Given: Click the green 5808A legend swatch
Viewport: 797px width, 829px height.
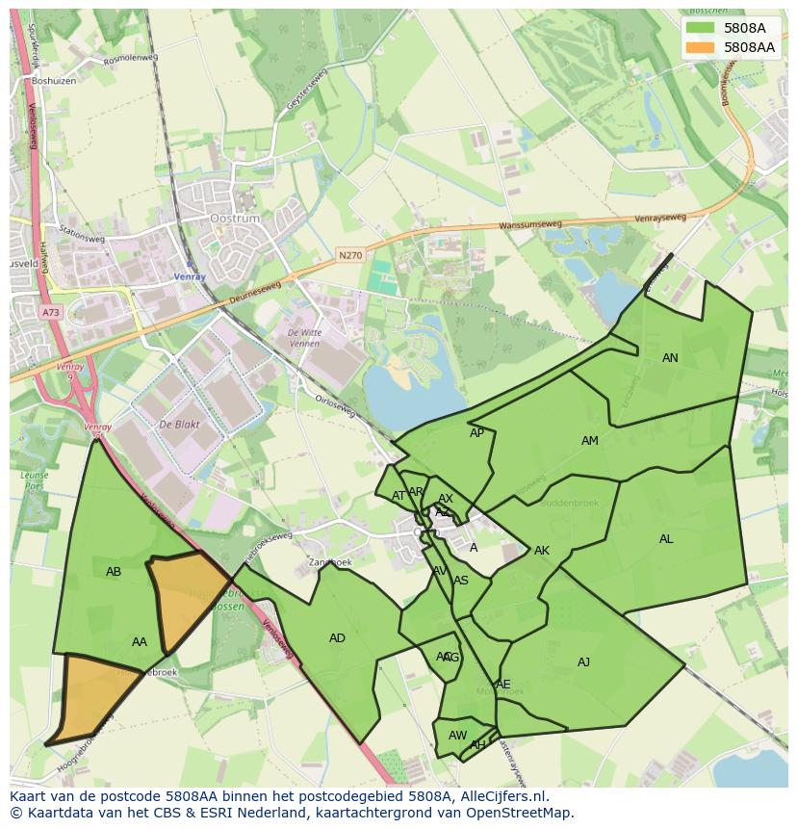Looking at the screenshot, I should [x=701, y=28].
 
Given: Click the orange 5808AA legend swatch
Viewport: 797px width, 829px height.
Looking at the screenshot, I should [x=701, y=46].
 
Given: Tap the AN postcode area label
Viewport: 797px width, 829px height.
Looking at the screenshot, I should [x=670, y=358].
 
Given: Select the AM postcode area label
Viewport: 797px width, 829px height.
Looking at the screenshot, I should [x=590, y=441].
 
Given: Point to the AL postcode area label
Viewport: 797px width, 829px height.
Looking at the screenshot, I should [x=666, y=539].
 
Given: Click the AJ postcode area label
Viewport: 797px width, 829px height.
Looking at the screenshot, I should [x=583, y=662].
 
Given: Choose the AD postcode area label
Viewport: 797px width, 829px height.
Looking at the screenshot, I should [x=337, y=638].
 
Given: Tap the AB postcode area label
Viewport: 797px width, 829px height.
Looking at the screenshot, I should [x=114, y=572].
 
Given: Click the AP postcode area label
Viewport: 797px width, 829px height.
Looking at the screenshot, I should [x=476, y=433].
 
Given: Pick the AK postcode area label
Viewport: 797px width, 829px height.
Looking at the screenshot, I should [x=542, y=551].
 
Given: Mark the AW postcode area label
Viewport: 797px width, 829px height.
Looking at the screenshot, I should [x=457, y=736].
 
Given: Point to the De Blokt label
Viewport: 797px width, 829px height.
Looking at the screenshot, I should [x=178, y=425].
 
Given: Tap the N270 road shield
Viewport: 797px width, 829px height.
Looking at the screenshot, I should [x=349, y=255].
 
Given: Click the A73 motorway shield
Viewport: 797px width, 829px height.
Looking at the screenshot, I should [x=50, y=313].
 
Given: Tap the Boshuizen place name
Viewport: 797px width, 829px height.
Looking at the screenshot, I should [x=52, y=81].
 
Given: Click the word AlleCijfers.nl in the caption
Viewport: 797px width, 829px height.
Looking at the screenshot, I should [x=501, y=796].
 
